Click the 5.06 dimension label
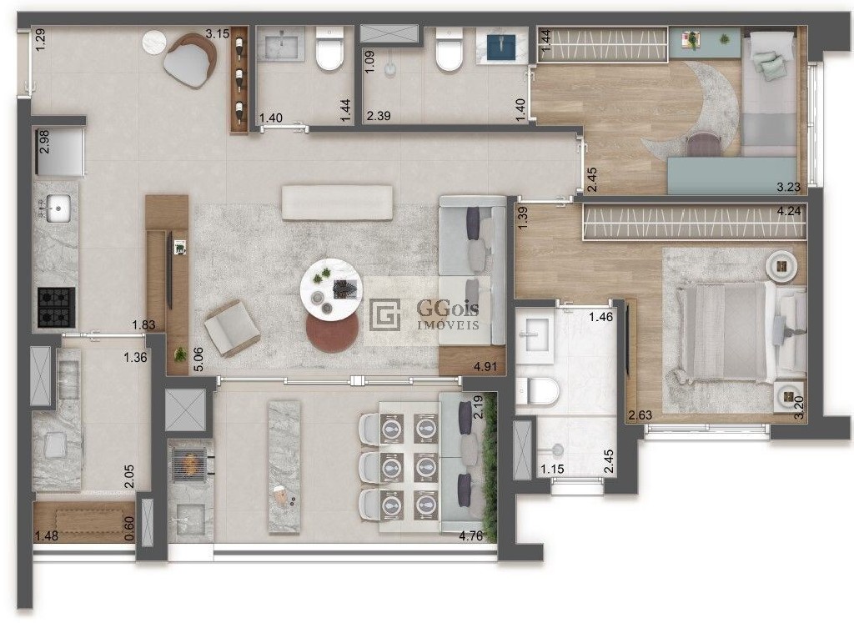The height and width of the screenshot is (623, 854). (198, 359)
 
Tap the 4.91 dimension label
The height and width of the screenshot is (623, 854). (485, 366)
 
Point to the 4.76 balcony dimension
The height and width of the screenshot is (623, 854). (470, 536)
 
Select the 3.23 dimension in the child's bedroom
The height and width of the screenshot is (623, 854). (789, 188)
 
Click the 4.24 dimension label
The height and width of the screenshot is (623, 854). (789, 211)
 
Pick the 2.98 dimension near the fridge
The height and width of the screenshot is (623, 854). (44, 142)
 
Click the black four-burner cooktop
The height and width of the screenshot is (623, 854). (56, 308)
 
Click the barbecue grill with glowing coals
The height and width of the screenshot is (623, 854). (189, 464)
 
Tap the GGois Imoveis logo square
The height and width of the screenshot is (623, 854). (385, 314)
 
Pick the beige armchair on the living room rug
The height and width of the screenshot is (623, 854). (232, 329)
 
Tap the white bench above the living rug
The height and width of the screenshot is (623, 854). (337, 203)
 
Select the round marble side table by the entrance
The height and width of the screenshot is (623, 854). (153, 42)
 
